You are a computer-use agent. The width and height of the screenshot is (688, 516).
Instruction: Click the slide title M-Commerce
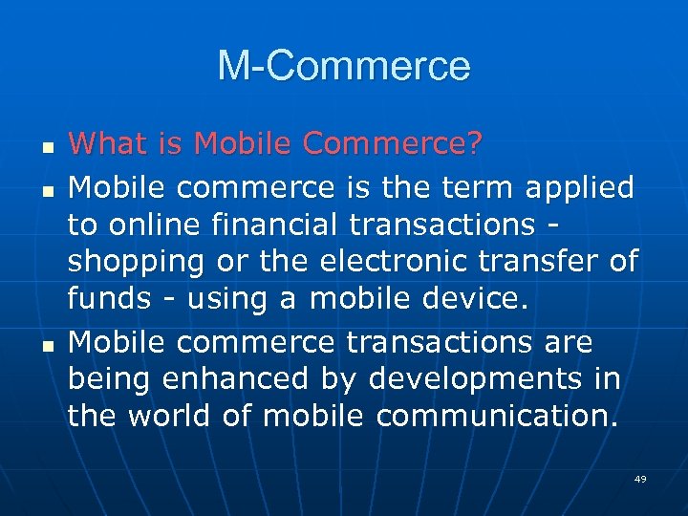[344, 67]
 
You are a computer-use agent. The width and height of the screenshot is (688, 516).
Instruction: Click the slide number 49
[640, 479]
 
